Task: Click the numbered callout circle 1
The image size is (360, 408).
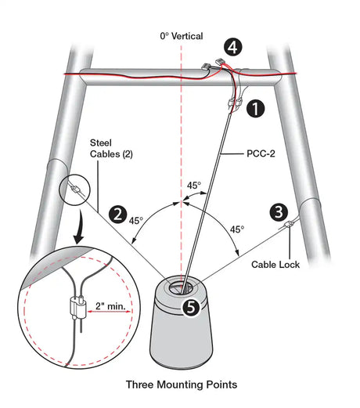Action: (255, 108)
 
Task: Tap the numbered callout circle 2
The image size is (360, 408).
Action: (118, 215)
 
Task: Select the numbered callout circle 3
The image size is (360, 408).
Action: (279, 212)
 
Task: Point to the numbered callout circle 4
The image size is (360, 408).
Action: (233, 47)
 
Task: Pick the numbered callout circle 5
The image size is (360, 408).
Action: (192, 307)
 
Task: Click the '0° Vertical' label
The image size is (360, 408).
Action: (182, 36)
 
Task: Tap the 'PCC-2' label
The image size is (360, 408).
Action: (261, 153)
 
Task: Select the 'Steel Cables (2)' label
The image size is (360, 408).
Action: (111, 148)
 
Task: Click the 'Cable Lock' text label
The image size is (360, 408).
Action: (275, 265)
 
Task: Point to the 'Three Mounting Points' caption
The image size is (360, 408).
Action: (182, 385)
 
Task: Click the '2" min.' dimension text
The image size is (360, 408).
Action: (110, 305)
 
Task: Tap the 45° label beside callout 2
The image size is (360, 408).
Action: (136, 221)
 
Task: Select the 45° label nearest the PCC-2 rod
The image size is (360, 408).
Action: (194, 186)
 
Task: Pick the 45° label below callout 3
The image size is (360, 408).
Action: (237, 229)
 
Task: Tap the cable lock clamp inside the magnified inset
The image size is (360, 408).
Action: (77, 307)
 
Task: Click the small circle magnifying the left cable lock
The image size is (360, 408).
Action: (75, 190)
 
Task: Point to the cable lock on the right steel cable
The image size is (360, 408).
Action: (289, 225)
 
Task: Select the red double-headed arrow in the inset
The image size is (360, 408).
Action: (109, 312)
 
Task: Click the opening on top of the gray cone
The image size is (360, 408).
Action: (180, 288)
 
